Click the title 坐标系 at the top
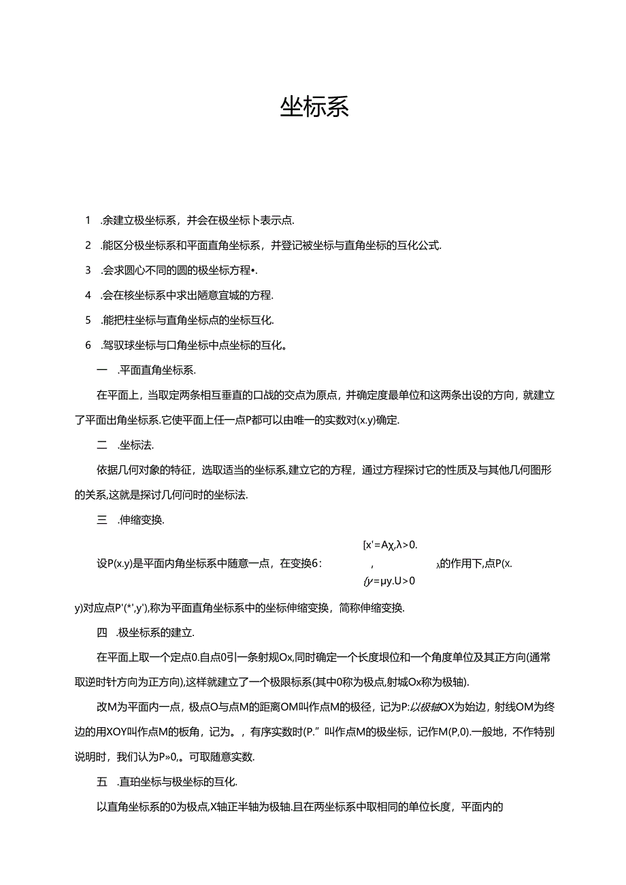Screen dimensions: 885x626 click(x=314, y=107)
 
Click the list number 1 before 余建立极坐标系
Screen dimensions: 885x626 click(x=88, y=220)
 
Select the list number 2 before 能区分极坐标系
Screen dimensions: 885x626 click(x=88, y=245)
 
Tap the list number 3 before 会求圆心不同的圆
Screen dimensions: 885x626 click(x=88, y=270)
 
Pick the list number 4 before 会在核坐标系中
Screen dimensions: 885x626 click(x=88, y=295)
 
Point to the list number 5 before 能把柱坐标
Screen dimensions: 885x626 click(x=88, y=320)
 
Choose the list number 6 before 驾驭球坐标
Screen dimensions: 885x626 click(x=88, y=345)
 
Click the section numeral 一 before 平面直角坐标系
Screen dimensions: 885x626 click(x=103, y=370)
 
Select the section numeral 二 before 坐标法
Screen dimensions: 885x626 click(x=103, y=446)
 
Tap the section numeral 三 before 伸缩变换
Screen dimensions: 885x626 click(x=103, y=520)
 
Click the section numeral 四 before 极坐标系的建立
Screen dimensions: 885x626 click(x=103, y=633)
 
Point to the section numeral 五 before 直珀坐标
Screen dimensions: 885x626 click(x=103, y=782)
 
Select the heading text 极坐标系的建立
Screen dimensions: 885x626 click(x=157, y=633)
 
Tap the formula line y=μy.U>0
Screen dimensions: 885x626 click(x=390, y=581)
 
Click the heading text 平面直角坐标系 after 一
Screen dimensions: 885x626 click(x=157, y=370)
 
